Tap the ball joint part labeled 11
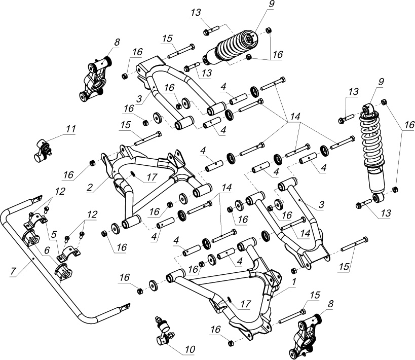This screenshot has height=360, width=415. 43,150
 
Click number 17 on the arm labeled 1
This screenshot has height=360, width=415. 245,304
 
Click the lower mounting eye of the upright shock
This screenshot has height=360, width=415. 376,196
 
